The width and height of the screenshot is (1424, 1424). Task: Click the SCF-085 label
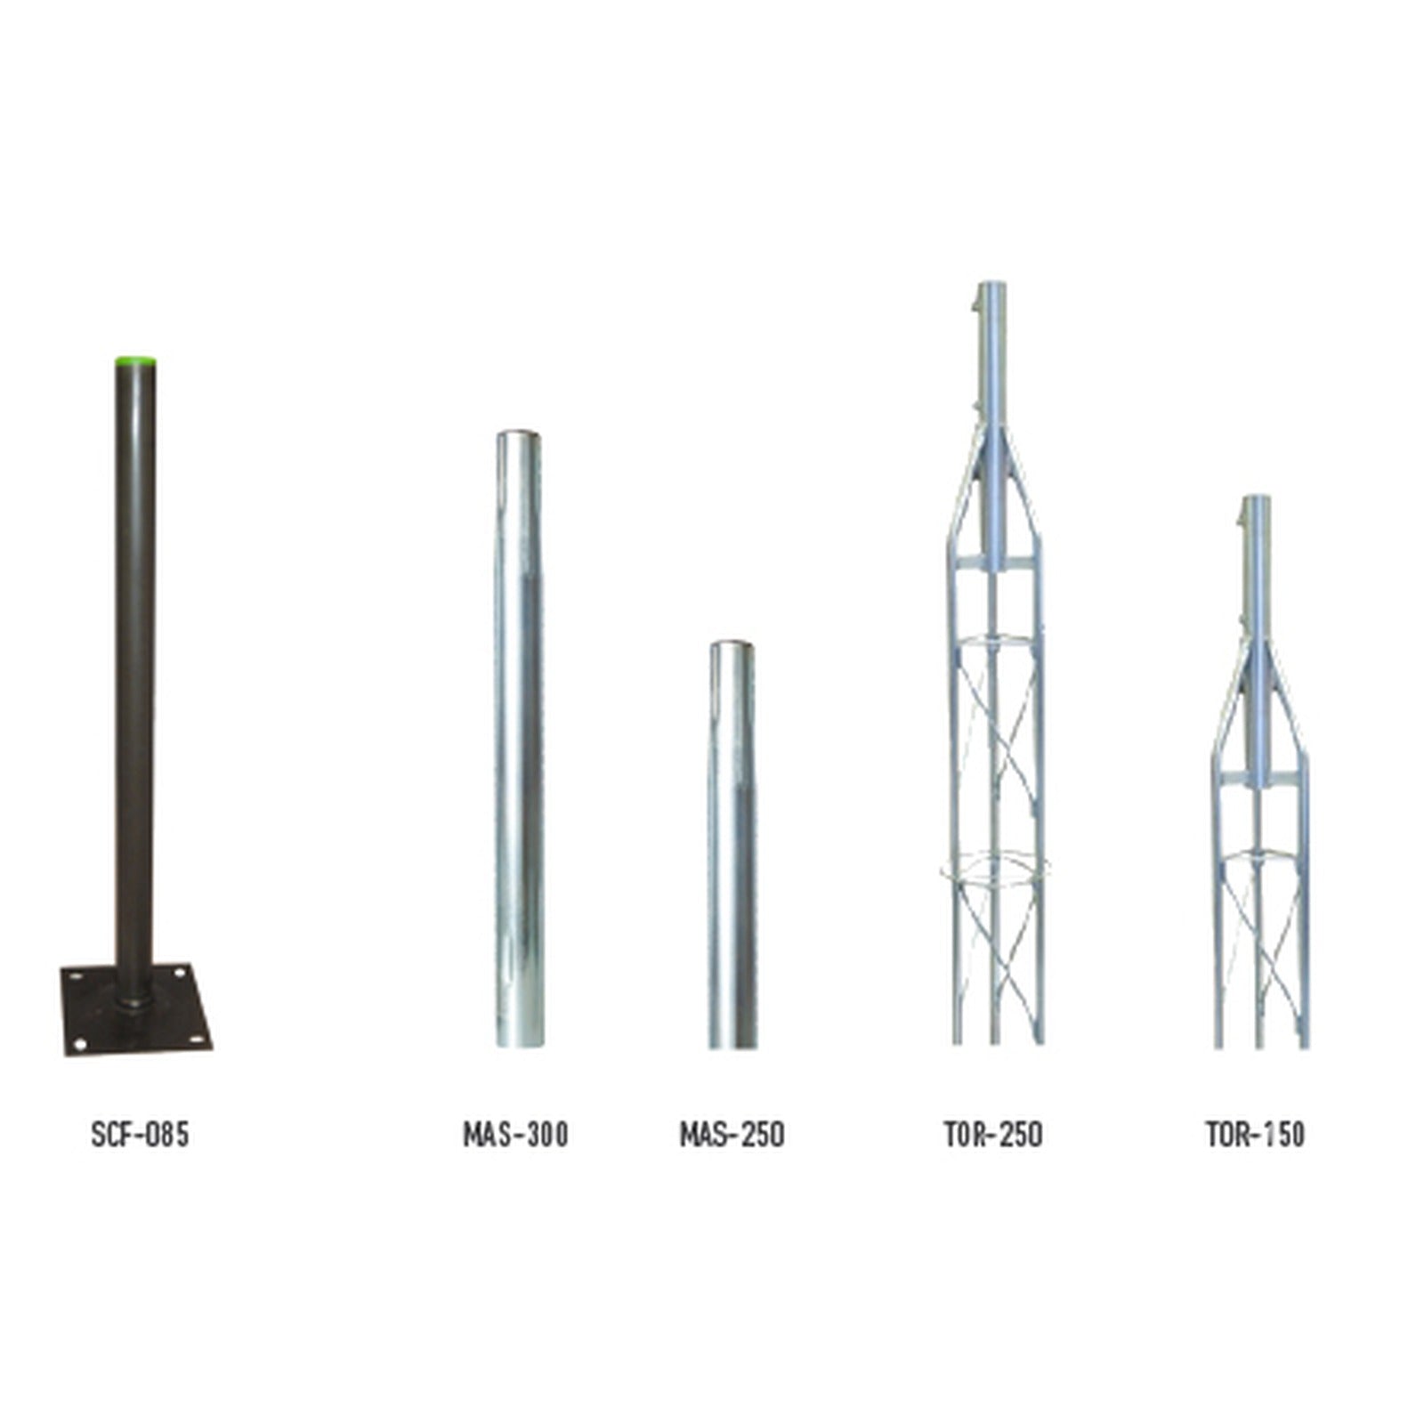click(x=141, y=1135)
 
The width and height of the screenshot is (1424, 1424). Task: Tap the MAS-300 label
click(x=515, y=1135)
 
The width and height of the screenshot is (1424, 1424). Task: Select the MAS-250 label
click(x=732, y=1135)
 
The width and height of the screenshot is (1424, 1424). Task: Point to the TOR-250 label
click(x=993, y=1135)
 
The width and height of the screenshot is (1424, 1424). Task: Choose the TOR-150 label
click(x=1256, y=1135)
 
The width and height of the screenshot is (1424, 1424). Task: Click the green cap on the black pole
click(x=135, y=362)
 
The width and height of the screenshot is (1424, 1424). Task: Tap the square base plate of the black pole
click(x=136, y=1010)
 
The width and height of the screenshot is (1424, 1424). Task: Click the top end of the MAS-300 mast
click(x=519, y=434)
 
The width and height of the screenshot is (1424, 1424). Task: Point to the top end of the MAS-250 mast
click(x=732, y=644)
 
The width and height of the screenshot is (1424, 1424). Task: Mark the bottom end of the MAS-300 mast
click(x=520, y=1044)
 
